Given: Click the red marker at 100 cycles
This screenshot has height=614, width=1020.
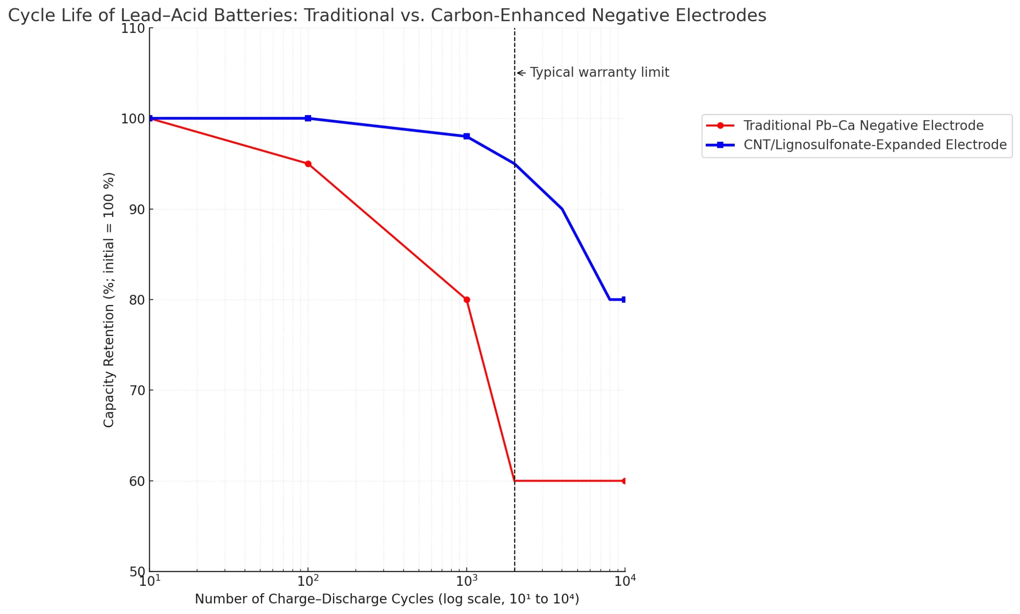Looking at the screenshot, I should pos(308,164).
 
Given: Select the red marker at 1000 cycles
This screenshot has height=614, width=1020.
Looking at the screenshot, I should pos(467,299).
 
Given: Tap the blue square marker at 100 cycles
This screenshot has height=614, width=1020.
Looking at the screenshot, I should pos(308,118).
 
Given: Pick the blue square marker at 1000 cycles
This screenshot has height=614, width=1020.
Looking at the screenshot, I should pos(467,136).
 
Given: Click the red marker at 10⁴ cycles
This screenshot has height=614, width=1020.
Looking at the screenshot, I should pos(624,481).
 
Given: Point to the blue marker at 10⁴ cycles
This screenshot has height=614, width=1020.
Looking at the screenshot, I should pos(624,299).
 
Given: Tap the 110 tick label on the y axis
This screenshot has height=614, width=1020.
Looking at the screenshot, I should pos(133,29).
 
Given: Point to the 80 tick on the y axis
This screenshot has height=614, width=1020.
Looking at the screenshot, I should pos(137,300).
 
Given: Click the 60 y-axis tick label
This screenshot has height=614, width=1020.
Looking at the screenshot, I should pos(137,481).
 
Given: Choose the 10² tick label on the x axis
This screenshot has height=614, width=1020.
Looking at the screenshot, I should pos(308,581).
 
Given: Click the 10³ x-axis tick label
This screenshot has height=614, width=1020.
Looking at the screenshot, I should pos(467,581).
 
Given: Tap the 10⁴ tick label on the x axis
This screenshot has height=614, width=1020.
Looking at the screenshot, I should pos(625,581).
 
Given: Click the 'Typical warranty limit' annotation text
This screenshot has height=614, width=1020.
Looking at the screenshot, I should pos(599,72).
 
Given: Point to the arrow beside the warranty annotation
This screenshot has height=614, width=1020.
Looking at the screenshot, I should pos(521,73).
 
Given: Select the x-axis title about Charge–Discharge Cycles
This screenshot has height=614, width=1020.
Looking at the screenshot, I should pos(386,599).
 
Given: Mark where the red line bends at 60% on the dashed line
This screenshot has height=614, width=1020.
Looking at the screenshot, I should pos(514,481).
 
